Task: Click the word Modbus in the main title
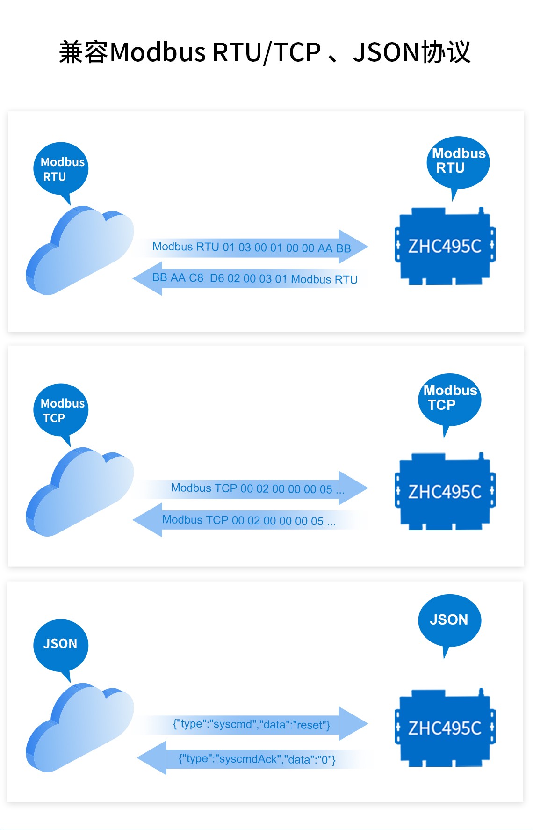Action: (158, 52)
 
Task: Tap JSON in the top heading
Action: (386, 52)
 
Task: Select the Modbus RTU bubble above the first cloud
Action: (61, 169)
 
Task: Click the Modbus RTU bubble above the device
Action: (458, 162)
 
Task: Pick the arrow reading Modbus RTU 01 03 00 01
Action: (252, 247)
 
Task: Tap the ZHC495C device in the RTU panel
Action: (445, 246)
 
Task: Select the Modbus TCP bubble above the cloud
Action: (61, 410)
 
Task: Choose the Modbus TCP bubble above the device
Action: (449, 399)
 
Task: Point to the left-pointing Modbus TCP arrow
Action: (248, 520)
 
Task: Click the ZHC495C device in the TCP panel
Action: (445, 492)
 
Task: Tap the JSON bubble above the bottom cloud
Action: (61, 644)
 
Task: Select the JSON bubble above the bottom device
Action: (449, 620)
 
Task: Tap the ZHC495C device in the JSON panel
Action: (445, 728)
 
